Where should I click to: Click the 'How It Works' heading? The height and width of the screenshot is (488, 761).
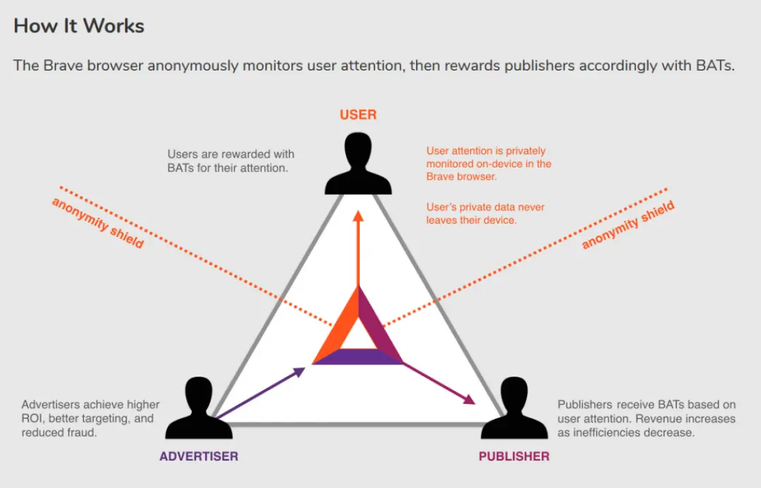(78, 25)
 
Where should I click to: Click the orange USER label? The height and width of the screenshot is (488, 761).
(358, 114)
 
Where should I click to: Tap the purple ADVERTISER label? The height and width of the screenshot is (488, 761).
(199, 456)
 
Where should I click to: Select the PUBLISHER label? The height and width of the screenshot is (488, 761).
(514, 456)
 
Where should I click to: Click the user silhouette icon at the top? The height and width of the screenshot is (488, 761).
(358, 164)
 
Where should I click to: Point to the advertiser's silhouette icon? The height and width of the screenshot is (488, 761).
(199, 407)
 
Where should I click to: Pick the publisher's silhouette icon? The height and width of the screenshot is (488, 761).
(514, 407)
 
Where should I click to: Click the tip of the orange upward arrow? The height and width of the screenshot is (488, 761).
(358, 210)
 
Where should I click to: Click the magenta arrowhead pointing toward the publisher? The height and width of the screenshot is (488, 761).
(470, 400)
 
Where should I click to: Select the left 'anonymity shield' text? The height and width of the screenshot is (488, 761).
(98, 223)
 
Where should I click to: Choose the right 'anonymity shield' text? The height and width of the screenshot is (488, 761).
(628, 225)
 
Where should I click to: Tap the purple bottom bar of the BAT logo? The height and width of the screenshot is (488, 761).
(358, 356)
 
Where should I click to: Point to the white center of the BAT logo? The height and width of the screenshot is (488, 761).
(358, 335)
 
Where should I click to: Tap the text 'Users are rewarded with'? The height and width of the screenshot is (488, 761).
(231, 154)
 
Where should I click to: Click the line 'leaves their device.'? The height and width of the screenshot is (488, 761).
(471, 220)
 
